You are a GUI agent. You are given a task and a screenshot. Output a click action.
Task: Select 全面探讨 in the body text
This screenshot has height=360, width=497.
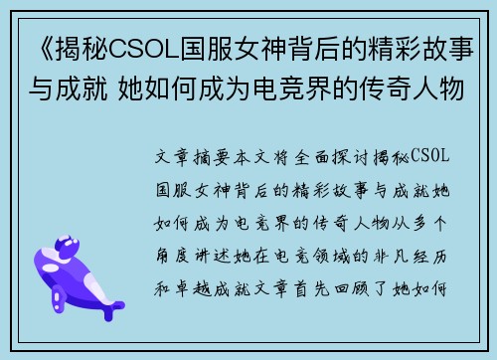(x=339, y=158)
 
